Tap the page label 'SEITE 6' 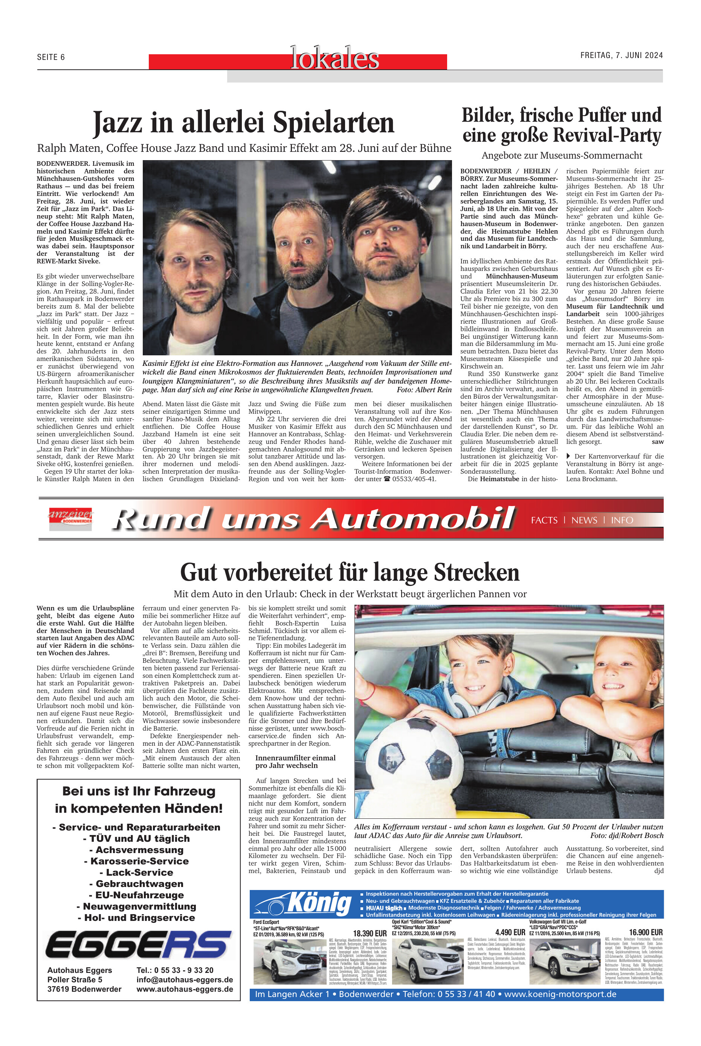click(x=51, y=57)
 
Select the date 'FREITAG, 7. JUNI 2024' click(x=621, y=55)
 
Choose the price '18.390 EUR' click(x=370, y=933)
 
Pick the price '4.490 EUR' click(x=510, y=933)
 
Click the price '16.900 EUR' click(x=646, y=933)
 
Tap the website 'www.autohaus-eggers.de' click(x=185, y=989)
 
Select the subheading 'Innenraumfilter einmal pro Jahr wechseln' click(x=295, y=761)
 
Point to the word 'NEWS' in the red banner click(x=584, y=520)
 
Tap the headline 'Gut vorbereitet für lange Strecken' click(x=350, y=572)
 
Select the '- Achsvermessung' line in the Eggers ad click(x=139, y=850)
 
